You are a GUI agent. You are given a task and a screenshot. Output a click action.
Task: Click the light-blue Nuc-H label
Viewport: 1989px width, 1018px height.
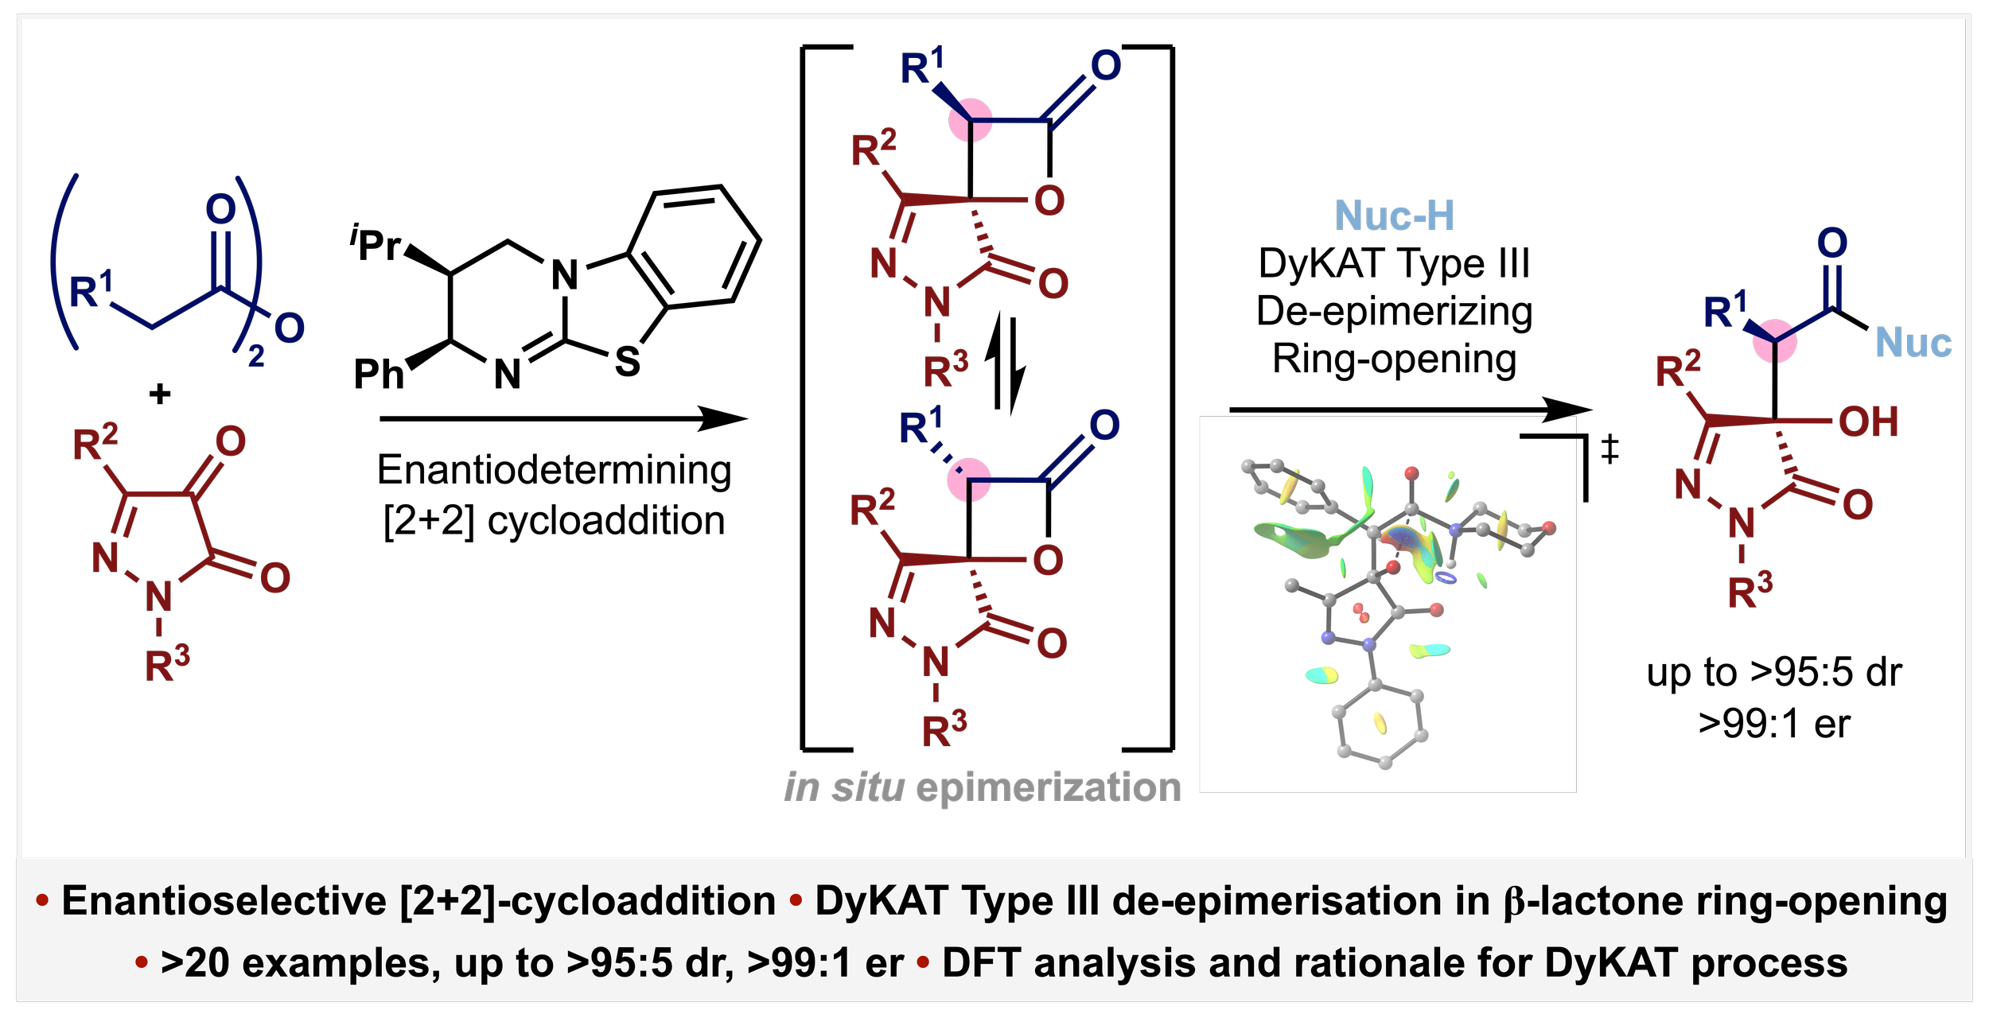(x=1395, y=216)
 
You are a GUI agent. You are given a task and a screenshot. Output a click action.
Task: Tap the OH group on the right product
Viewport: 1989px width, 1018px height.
(x=1868, y=422)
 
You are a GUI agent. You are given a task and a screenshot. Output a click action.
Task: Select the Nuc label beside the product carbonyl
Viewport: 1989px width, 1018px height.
(x=1913, y=343)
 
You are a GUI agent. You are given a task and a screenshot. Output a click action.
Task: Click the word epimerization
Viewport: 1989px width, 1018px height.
(x=1048, y=788)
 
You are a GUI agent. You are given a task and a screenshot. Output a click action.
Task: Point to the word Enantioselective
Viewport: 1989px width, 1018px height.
(x=224, y=901)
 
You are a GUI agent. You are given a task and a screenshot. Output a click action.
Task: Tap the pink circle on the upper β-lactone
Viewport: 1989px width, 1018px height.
(x=971, y=121)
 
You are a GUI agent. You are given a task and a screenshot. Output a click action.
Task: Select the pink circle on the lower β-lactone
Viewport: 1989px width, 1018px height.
(x=969, y=480)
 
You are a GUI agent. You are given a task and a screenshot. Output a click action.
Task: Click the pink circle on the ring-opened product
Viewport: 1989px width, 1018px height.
(x=1775, y=342)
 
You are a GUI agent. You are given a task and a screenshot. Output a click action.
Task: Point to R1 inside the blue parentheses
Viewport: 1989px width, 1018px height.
(x=91, y=290)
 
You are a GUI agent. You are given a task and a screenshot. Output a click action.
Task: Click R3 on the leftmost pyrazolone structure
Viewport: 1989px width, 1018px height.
(x=166, y=666)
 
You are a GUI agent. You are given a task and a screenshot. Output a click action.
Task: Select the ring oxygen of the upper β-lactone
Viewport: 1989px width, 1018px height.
(x=1049, y=200)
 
